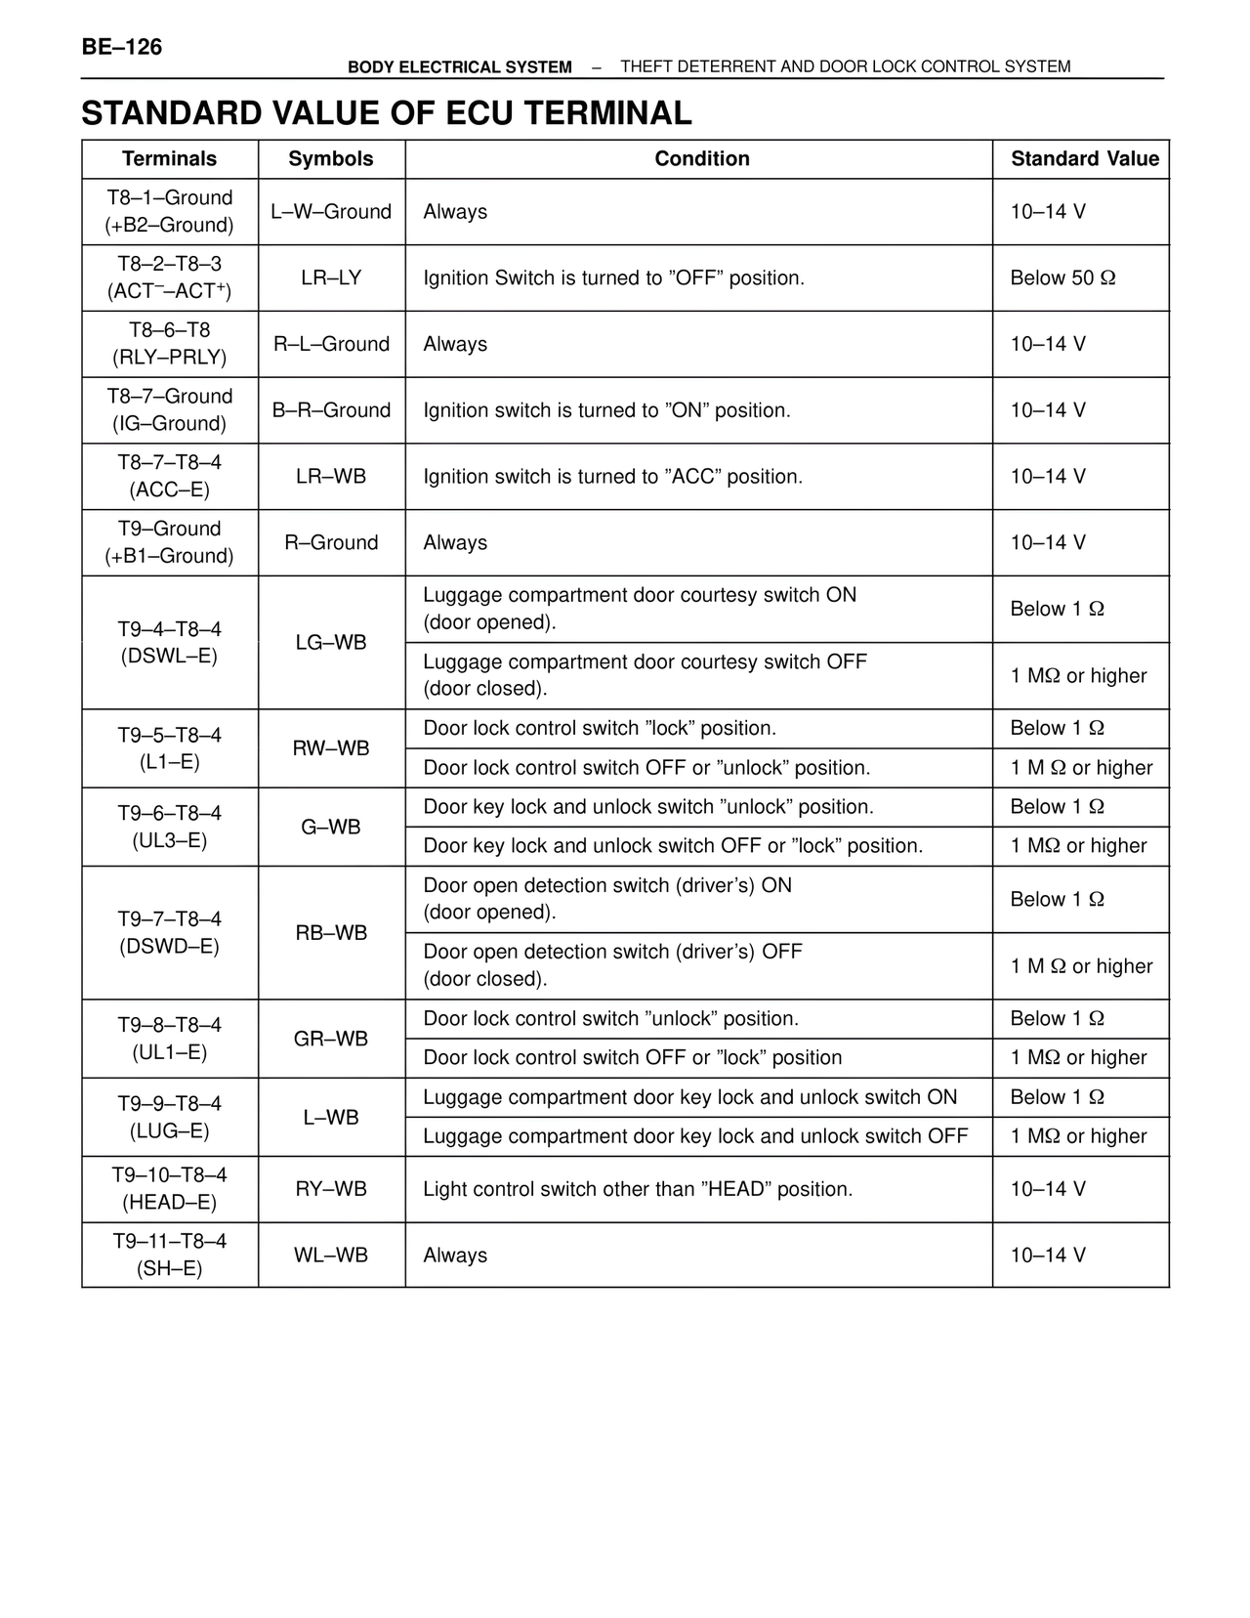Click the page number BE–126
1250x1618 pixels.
click(122, 47)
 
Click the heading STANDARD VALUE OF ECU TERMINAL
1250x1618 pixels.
click(386, 113)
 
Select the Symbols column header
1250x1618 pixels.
click(331, 159)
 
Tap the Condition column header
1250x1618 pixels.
click(701, 159)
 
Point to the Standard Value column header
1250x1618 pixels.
click(1084, 159)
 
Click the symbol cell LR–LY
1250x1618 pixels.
click(331, 278)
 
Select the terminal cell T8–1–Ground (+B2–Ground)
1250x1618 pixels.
click(170, 211)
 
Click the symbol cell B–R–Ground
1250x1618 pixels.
click(331, 410)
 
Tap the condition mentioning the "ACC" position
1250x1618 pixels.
click(612, 477)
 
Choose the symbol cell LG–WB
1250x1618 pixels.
click(331, 643)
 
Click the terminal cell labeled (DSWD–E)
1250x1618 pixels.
click(170, 947)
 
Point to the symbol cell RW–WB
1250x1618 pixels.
click(331, 748)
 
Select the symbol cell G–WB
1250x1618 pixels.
click(331, 828)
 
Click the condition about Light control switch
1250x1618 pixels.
click(638, 1190)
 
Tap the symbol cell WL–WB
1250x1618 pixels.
click(331, 1256)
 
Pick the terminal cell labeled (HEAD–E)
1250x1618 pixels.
click(170, 1203)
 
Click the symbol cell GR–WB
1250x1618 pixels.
click(331, 1039)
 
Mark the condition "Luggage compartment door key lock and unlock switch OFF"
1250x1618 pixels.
click(694, 1136)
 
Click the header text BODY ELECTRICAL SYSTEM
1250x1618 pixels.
click(460, 67)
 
